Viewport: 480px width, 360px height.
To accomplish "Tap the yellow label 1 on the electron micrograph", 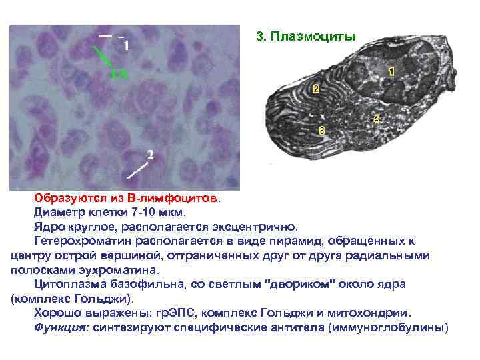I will [391, 70].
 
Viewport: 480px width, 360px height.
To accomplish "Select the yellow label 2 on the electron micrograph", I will [315, 89].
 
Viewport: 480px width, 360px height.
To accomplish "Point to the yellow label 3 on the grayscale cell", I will [322, 130].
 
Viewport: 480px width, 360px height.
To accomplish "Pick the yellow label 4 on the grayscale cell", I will [377, 119].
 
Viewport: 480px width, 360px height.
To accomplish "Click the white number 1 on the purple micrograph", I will [127, 45].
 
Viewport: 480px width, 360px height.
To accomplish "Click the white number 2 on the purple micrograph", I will [150, 155].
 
